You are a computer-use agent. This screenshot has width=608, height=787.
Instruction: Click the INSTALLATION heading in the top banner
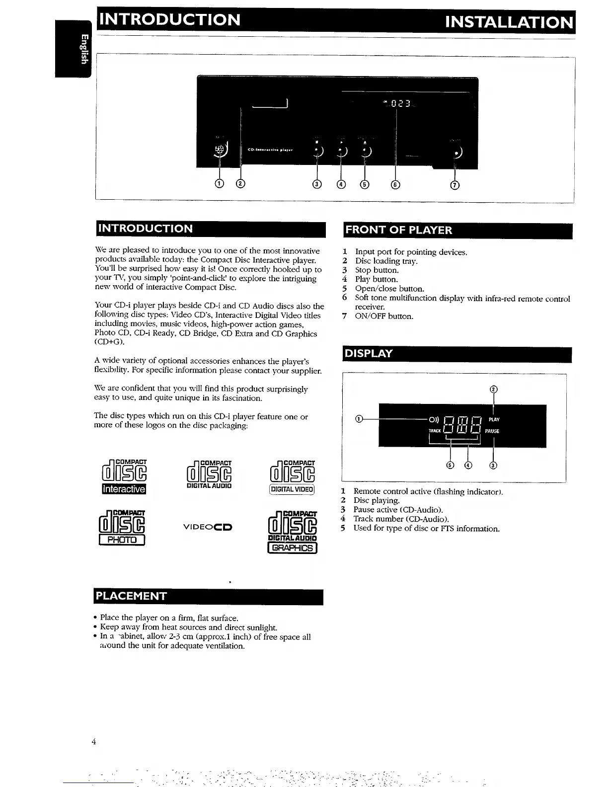click(509, 22)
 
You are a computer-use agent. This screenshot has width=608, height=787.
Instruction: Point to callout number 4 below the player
click(341, 185)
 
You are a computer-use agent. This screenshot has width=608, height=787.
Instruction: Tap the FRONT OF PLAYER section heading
click(399, 230)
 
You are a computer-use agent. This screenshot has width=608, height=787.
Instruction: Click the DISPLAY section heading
click(369, 353)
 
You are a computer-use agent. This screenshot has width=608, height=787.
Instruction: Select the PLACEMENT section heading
click(132, 596)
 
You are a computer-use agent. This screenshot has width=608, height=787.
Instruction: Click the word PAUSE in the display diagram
click(492, 431)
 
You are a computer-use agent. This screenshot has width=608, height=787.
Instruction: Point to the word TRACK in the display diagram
click(435, 431)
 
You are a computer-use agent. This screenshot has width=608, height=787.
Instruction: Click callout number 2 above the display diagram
click(493, 390)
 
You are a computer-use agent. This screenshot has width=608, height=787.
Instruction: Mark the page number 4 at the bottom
click(93, 742)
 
